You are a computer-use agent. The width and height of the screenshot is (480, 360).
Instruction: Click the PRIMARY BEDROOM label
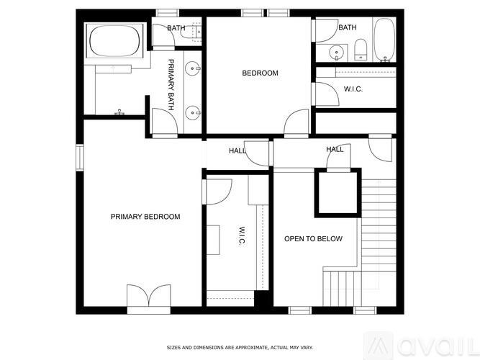(x=145, y=217)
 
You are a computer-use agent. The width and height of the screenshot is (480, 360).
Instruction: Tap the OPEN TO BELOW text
(x=313, y=239)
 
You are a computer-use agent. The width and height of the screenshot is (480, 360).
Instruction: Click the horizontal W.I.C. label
(x=353, y=89)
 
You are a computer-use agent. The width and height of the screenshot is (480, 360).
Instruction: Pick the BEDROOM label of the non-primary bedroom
(x=260, y=73)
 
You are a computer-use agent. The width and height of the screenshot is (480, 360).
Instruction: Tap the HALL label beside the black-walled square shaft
(x=335, y=150)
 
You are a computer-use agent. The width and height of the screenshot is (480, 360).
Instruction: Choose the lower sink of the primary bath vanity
(x=192, y=112)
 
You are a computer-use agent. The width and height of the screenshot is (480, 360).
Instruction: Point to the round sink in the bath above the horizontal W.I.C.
(x=335, y=51)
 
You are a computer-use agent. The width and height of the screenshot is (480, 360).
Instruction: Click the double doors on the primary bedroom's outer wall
(x=148, y=296)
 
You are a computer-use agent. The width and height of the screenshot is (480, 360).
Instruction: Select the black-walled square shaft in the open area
(x=338, y=192)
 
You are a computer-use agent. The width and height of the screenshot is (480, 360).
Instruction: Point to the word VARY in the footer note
(x=307, y=348)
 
